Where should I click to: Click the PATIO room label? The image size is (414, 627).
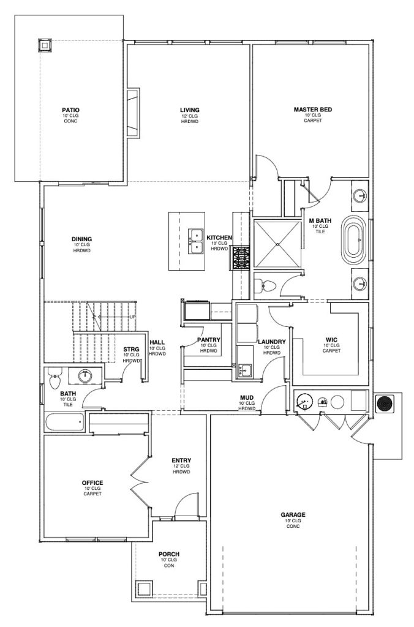point(70,110)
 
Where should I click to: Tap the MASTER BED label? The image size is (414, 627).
point(313,110)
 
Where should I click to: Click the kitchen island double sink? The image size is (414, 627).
point(196,241)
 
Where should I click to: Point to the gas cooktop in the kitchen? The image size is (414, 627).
point(241,258)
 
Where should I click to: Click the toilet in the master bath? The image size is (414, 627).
point(265,285)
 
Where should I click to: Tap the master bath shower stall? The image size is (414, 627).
point(277,244)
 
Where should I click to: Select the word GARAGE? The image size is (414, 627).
point(293,515)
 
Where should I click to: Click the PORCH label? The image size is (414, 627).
point(169,554)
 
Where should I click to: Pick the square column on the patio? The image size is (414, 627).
point(45,45)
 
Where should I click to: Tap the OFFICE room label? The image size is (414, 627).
point(92,483)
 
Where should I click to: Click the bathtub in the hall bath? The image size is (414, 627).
point(64,422)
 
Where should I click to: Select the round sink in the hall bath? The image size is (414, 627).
point(85,376)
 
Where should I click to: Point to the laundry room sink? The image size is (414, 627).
point(244,370)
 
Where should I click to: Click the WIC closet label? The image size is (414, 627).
point(331,340)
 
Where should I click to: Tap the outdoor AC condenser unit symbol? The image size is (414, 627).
point(385,404)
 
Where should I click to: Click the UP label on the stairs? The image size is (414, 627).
point(132,317)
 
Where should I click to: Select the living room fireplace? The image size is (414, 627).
point(133,113)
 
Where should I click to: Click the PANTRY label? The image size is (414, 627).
point(209,340)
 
